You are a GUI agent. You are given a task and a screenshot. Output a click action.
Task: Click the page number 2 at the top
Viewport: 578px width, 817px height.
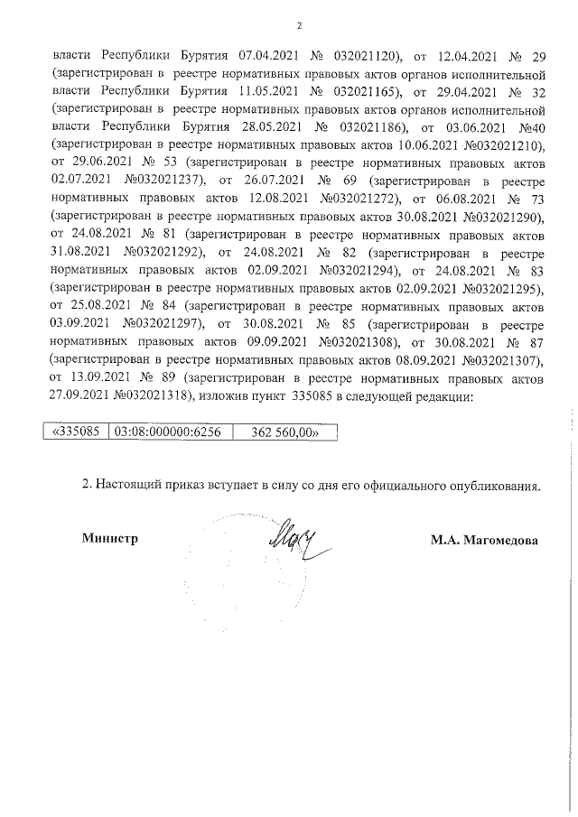click(299, 24)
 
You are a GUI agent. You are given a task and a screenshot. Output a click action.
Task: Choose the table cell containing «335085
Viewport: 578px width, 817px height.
click(77, 432)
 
